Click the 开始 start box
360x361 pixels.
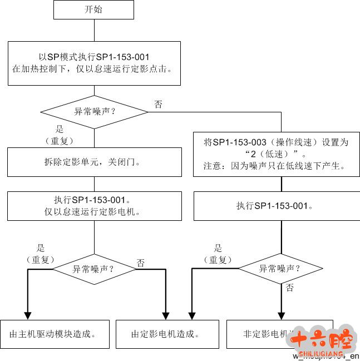point(94,9)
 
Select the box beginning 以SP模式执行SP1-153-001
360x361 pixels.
point(94,63)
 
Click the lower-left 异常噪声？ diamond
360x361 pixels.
point(93,269)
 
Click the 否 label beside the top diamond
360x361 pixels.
point(159,104)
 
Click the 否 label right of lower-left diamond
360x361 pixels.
point(140,263)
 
